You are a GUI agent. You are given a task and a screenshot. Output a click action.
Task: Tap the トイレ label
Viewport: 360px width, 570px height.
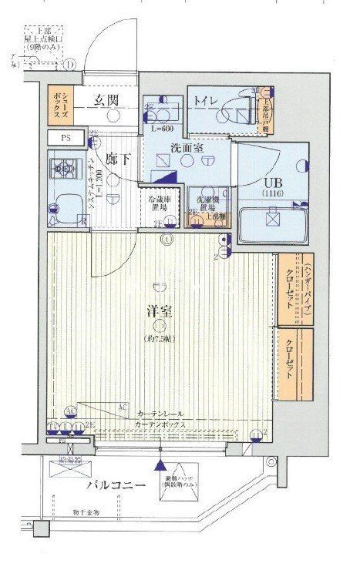pyautogui.click(x=206, y=99)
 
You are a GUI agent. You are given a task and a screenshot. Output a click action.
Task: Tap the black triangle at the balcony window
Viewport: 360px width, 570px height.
pyautogui.click(x=160, y=465)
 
